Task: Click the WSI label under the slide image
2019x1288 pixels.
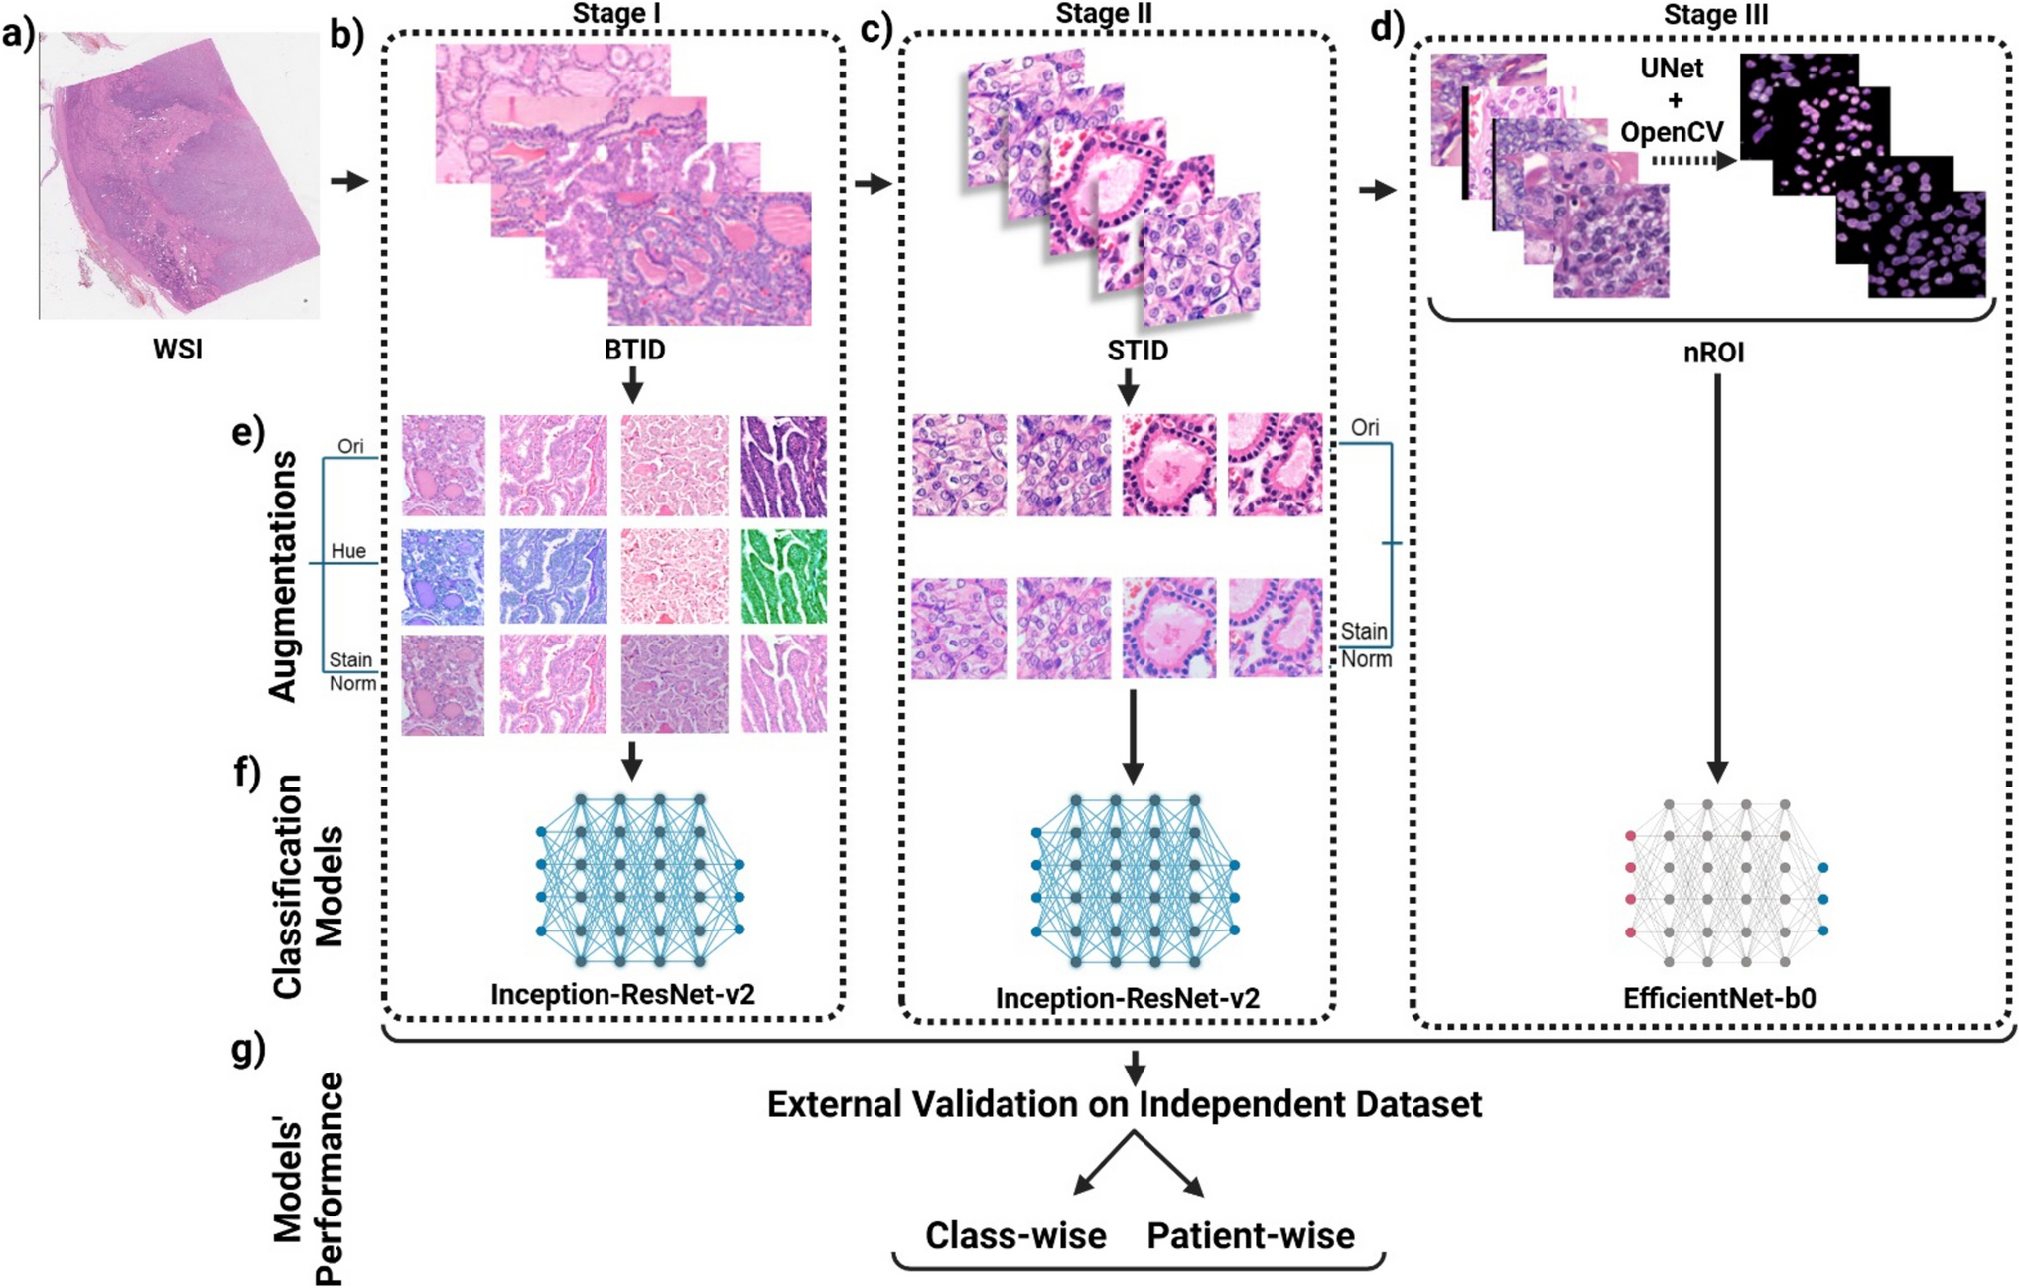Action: pos(178,350)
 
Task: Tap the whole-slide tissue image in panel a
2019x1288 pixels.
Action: pos(180,177)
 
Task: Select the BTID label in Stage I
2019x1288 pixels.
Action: pos(634,351)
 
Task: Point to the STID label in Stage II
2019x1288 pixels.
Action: pos(1138,351)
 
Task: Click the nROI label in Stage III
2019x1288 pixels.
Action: pos(1714,353)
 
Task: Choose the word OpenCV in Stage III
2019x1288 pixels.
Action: pos(1672,132)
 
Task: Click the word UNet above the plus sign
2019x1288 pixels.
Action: pos(1672,69)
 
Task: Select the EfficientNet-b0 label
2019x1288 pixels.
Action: pos(1719,998)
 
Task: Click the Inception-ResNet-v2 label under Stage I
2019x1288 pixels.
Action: pos(622,994)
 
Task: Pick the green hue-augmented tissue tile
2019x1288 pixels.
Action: pos(783,576)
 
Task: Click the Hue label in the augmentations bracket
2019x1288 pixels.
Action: pos(348,551)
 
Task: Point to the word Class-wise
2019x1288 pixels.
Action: pos(1015,1236)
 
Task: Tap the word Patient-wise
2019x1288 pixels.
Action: pos(1251,1236)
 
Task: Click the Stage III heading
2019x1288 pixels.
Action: pos(1715,14)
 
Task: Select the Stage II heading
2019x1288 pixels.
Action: pos(1104,13)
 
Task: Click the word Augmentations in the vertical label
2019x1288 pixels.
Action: pos(284,577)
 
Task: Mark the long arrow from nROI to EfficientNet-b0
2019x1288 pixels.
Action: pos(1717,576)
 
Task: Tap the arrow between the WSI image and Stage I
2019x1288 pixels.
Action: pos(349,181)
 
